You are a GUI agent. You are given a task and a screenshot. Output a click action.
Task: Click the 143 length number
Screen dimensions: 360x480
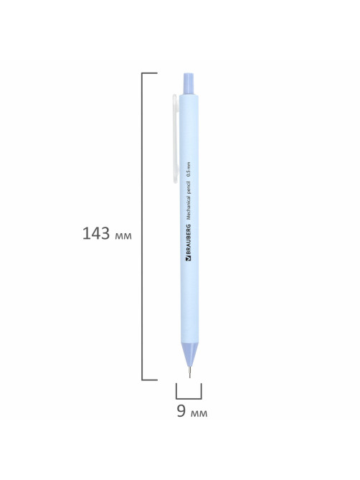tap(95, 233)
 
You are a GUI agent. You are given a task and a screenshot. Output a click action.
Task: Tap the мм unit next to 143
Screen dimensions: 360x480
tap(123, 236)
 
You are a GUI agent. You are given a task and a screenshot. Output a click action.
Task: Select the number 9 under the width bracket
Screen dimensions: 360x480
tap(181, 410)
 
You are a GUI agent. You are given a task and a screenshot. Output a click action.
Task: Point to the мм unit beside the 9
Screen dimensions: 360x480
tap(199, 413)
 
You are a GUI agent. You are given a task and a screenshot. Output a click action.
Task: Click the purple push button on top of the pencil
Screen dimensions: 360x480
tap(188, 83)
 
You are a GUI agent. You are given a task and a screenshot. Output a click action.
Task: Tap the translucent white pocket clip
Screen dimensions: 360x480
tap(175, 138)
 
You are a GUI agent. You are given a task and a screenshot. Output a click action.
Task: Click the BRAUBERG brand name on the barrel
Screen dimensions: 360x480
tap(188, 240)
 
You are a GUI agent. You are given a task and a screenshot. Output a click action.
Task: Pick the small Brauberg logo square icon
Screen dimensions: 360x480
tap(188, 259)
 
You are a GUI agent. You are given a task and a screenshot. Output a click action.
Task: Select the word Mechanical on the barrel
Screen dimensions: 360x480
tap(189, 206)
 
